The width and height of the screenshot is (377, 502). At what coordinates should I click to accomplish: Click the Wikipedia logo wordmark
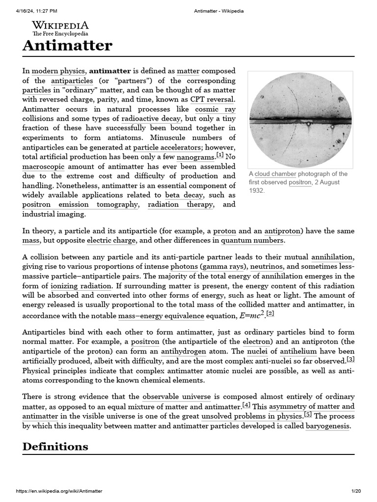60,25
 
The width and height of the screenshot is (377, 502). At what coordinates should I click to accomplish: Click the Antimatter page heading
67,46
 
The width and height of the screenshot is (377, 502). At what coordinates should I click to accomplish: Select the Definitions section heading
55,446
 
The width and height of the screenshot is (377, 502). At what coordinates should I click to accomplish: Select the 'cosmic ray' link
215,109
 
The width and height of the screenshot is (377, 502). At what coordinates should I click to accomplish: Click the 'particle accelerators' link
167,148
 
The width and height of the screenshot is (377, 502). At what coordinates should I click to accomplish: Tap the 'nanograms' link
195,157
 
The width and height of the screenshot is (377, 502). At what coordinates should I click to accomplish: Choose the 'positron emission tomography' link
80,205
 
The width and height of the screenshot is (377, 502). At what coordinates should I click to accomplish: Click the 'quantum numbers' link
252,241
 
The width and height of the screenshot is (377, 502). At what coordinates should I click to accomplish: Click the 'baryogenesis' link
327,426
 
